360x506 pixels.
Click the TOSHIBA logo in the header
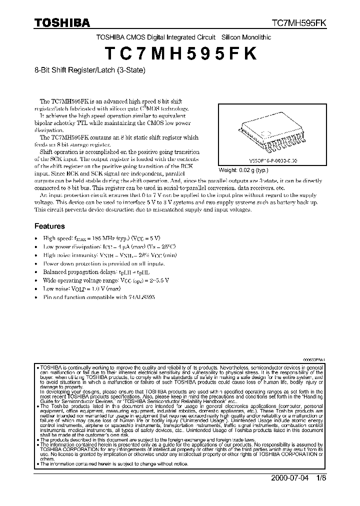(62, 22)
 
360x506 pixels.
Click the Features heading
(49, 226)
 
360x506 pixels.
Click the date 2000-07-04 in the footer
(289, 477)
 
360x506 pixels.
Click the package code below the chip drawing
(274, 161)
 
